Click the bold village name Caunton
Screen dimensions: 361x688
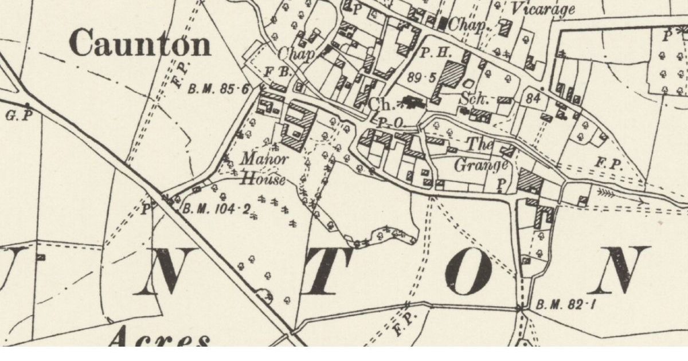(x=140, y=45)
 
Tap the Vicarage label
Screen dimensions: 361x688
(x=542, y=9)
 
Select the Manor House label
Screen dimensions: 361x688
(x=263, y=168)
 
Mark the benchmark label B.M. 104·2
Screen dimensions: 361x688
(x=216, y=210)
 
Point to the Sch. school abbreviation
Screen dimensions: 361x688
(x=474, y=99)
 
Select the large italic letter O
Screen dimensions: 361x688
(x=468, y=272)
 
